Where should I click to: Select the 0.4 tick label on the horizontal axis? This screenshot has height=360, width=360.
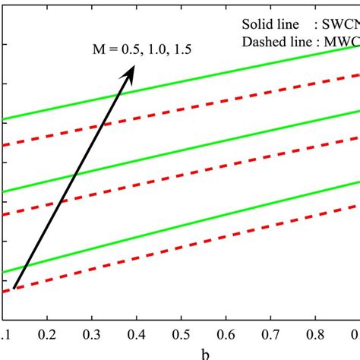pyautogui.click(x=137, y=334)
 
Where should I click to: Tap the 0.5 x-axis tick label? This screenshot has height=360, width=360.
pyautogui.click(x=182, y=334)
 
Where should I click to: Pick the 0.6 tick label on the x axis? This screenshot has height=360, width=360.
pyautogui.click(x=227, y=334)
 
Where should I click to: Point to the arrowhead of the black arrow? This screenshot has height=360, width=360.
pyautogui.click(x=131, y=69)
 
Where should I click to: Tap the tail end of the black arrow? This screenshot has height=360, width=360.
pyautogui.click(x=15, y=288)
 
